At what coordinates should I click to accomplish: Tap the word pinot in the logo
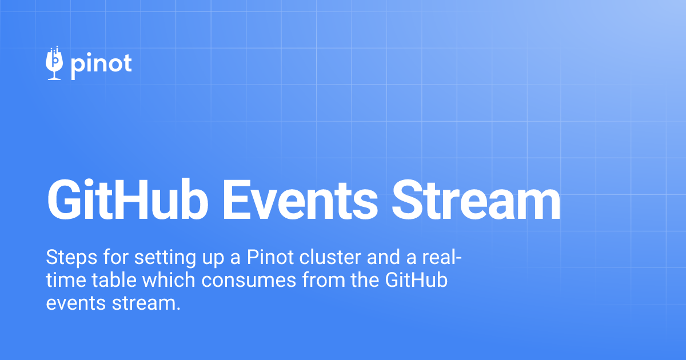pyautogui.click(x=101, y=64)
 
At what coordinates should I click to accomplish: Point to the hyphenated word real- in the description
pyautogui.click(x=442, y=258)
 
